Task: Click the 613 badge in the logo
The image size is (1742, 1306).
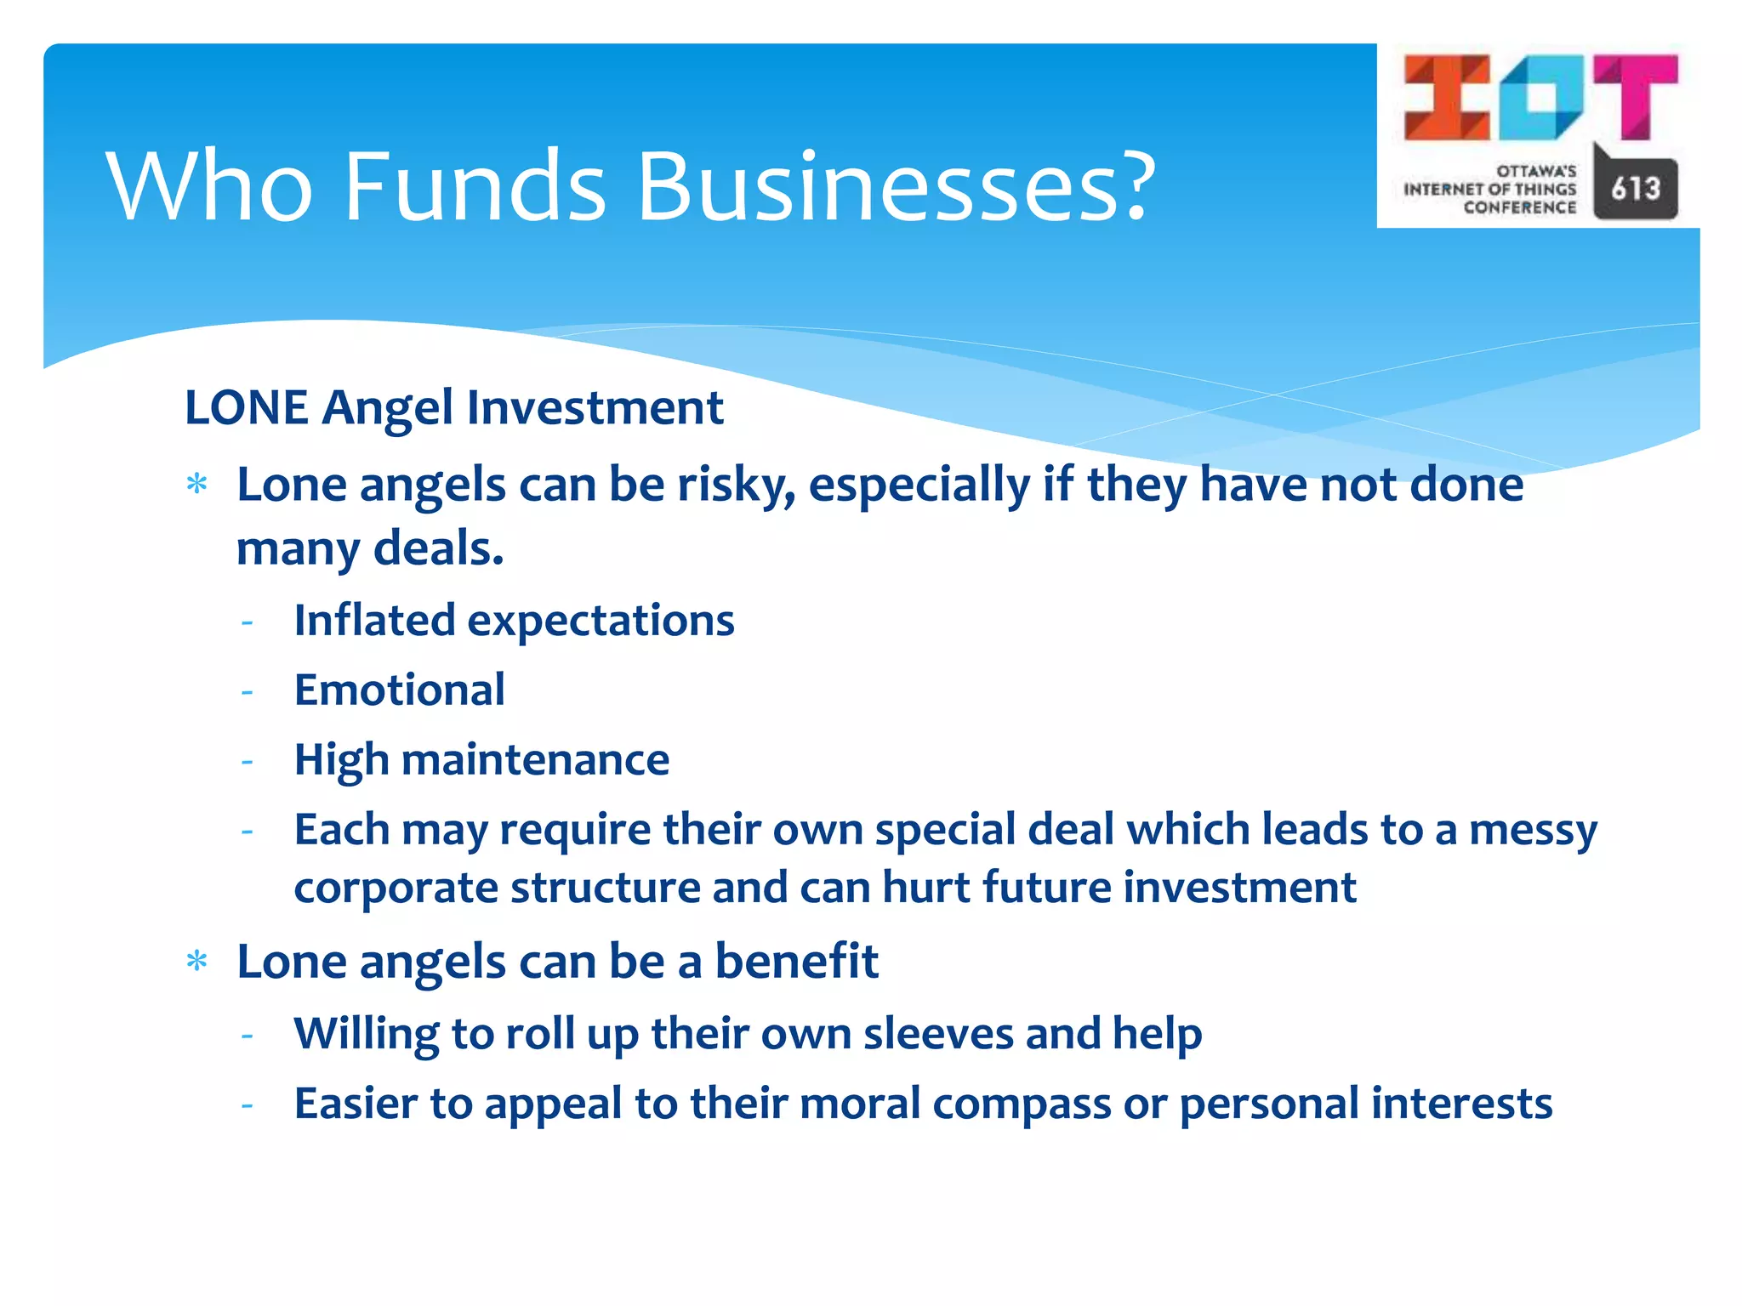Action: [1635, 189]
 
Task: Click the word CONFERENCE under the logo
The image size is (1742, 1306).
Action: [1519, 207]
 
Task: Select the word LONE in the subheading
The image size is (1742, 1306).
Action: [246, 407]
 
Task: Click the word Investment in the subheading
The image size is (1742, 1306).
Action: [595, 407]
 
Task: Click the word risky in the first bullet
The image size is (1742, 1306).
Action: [736, 485]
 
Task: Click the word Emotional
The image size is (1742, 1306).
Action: [399, 690]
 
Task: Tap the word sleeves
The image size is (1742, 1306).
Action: [937, 1034]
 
